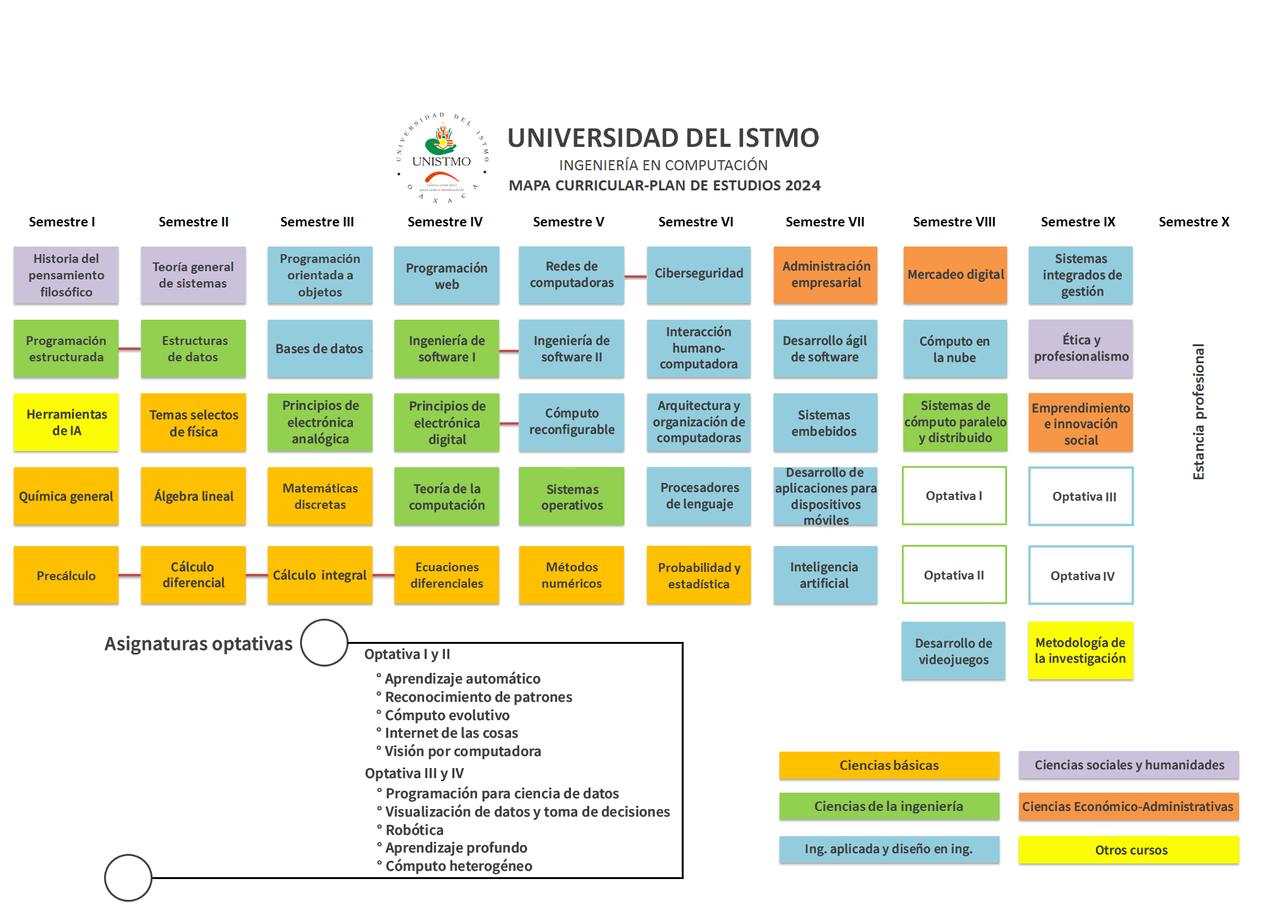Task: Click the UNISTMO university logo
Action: pyautogui.click(x=442, y=158)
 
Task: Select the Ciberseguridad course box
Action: pyautogui.click(x=698, y=274)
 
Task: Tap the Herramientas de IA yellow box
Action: pyautogui.click(x=66, y=422)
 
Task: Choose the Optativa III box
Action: pyautogui.click(x=1081, y=496)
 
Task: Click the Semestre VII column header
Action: pyautogui.click(x=824, y=222)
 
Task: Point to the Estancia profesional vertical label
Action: pyautogui.click(x=1198, y=411)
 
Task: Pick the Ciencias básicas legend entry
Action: pyautogui.click(x=889, y=765)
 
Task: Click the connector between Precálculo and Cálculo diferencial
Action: pyautogui.click(x=130, y=575)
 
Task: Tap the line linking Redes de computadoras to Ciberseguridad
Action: pyautogui.click(x=635, y=276)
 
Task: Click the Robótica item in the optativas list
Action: pyautogui.click(x=414, y=830)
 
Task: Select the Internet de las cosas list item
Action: pyautogui.click(x=451, y=733)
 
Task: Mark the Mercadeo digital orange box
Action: pyautogui.click(x=955, y=275)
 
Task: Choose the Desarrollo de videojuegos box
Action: pyautogui.click(x=953, y=651)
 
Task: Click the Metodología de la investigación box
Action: pyautogui.click(x=1080, y=651)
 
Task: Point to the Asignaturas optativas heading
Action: pyautogui.click(x=198, y=643)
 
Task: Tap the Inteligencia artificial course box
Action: pyautogui.click(x=824, y=575)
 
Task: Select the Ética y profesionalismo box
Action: pyautogui.click(x=1080, y=349)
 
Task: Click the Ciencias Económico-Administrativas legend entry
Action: pyautogui.click(x=1128, y=807)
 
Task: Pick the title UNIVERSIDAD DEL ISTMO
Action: pyautogui.click(x=663, y=138)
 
